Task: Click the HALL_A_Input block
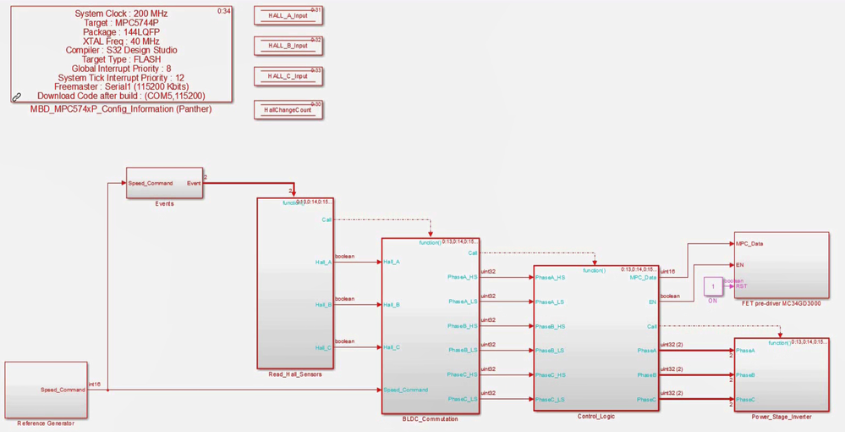(x=288, y=16)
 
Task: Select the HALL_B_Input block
(x=288, y=46)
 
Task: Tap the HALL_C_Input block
(x=288, y=76)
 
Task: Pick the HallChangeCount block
(x=288, y=110)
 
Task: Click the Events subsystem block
(x=165, y=183)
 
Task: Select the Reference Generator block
(x=46, y=390)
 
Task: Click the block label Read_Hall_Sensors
(x=294, y=374)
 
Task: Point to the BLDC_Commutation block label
(x=431, y=419)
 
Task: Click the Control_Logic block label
(x=595, y=416)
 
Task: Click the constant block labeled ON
(x=713, y=286)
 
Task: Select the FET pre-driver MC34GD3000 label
(x=781, y=303)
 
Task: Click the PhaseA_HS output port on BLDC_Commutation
(x=463, y=277)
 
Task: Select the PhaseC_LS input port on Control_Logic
(x=550, y=400)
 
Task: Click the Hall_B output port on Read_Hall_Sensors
(x=323, y=305)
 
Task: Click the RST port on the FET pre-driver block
(x=742, y=286)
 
